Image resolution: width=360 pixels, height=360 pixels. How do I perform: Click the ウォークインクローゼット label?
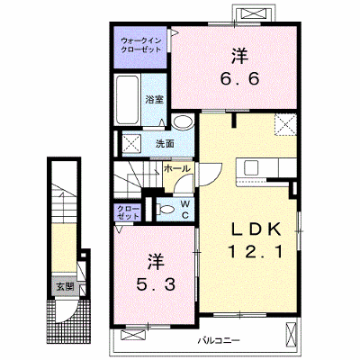[141, 45]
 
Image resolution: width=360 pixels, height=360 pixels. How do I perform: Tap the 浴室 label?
[154, 100]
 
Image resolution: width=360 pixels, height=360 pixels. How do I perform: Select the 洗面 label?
[165, 144]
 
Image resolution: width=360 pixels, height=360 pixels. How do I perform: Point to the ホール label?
[177, 168]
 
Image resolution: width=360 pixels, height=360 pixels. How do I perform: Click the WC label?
[185, 210]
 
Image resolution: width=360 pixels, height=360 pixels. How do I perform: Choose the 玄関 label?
[65, 287]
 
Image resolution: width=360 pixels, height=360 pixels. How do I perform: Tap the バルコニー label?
[219, 341]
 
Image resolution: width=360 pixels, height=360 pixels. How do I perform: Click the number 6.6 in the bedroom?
[239, 79]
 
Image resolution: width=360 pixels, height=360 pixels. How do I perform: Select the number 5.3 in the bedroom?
[156, 284]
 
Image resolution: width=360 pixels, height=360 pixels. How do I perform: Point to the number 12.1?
[256, 251]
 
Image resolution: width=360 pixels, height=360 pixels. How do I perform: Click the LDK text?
[256, 229]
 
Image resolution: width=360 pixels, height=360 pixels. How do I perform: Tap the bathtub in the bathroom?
[128, 100]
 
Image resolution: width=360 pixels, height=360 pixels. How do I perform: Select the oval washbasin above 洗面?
[183, 122]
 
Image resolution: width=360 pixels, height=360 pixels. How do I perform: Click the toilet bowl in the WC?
[166, 209]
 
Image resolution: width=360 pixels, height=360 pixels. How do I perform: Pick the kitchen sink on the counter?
[251, 167]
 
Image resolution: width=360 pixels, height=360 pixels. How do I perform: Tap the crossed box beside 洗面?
[132, 145]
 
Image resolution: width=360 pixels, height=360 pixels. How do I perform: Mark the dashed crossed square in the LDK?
[285, 125]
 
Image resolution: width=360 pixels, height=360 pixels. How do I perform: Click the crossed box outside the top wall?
[255, 14]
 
